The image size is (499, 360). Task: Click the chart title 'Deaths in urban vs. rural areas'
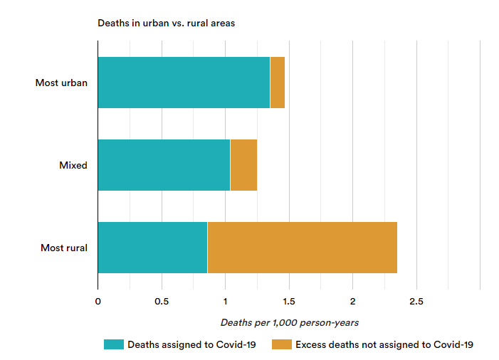166,23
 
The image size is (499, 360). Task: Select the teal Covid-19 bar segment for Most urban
184,83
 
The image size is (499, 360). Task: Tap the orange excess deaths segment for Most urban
278,83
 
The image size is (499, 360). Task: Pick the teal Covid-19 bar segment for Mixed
164,165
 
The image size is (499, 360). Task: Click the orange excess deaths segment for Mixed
243,165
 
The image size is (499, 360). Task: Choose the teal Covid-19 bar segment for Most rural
152,248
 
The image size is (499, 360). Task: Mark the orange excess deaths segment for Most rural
302,248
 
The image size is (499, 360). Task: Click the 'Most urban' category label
61,83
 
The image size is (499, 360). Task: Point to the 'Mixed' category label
73,166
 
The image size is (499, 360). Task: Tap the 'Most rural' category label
64,248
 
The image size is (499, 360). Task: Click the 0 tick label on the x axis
98,302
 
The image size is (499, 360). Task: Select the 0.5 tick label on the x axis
162,302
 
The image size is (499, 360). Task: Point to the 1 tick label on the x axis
226,302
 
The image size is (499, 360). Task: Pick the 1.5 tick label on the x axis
289,302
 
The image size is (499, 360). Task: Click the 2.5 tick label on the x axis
416,302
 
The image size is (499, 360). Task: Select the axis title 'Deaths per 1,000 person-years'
289,322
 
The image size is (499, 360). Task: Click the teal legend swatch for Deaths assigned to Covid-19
113,344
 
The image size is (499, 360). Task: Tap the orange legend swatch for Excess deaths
282,344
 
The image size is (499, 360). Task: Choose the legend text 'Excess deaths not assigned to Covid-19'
384,344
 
